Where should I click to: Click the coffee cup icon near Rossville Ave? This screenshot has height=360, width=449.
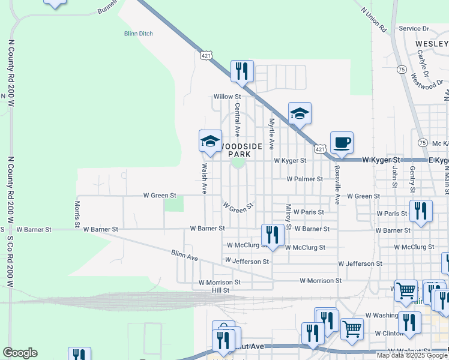click(342, 142)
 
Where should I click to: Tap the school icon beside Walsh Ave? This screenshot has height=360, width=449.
click(210, 141)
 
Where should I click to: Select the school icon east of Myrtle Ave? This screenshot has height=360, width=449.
click(300, 113)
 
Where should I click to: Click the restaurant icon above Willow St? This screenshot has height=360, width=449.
click(242, 71)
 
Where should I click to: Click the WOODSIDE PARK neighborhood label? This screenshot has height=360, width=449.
click(239, 151)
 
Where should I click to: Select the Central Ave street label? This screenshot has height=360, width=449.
click(238, 119)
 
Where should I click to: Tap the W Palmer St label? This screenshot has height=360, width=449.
click(305, 179)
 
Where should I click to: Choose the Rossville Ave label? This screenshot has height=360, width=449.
click(337, 184)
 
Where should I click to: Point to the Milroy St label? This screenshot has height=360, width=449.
click(289, 217)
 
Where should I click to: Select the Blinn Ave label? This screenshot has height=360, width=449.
click(184, 256)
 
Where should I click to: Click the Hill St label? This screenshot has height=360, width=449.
click(221, 290)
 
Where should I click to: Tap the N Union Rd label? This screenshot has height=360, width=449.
click(374, 20)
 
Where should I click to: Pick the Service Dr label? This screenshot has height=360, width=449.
click(414, 28)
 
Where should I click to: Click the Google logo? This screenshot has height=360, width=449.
click(20, 353)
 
